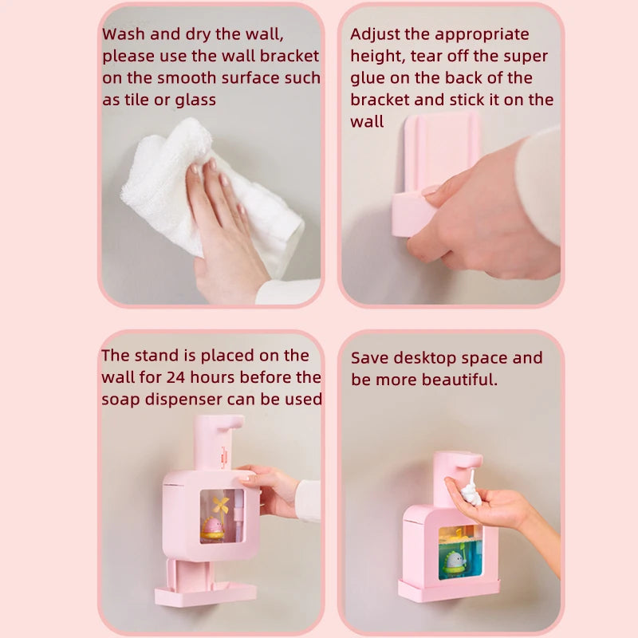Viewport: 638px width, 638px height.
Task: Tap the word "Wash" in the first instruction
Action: tap(124, 35)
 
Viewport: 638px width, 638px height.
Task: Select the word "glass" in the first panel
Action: tap(192, 100)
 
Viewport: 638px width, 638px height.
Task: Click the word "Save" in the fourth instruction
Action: tap(371, 358)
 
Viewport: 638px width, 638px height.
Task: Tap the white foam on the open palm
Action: tap(471, 489)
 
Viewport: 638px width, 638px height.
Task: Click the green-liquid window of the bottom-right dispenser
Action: tap(460, 552)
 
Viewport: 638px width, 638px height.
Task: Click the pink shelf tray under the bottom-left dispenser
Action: tap(206, 594)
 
